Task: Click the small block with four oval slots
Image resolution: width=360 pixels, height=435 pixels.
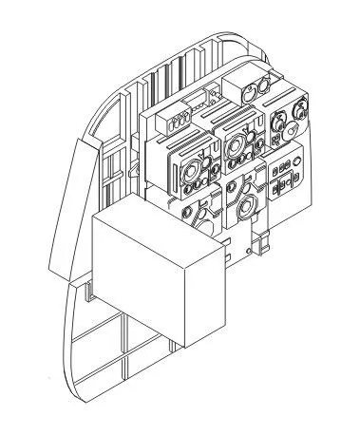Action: click(x=176, y=121)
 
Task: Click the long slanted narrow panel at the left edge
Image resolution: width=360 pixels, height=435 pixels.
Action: click(x=83, y=209)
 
